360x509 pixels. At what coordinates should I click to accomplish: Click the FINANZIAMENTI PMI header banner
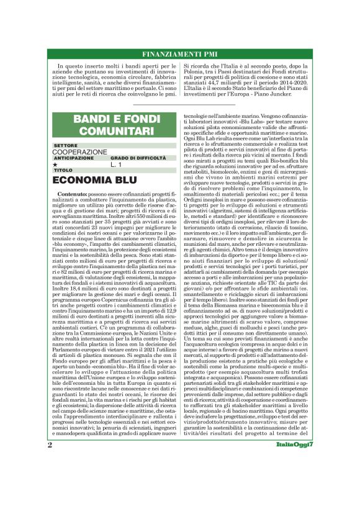coord(180,53)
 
